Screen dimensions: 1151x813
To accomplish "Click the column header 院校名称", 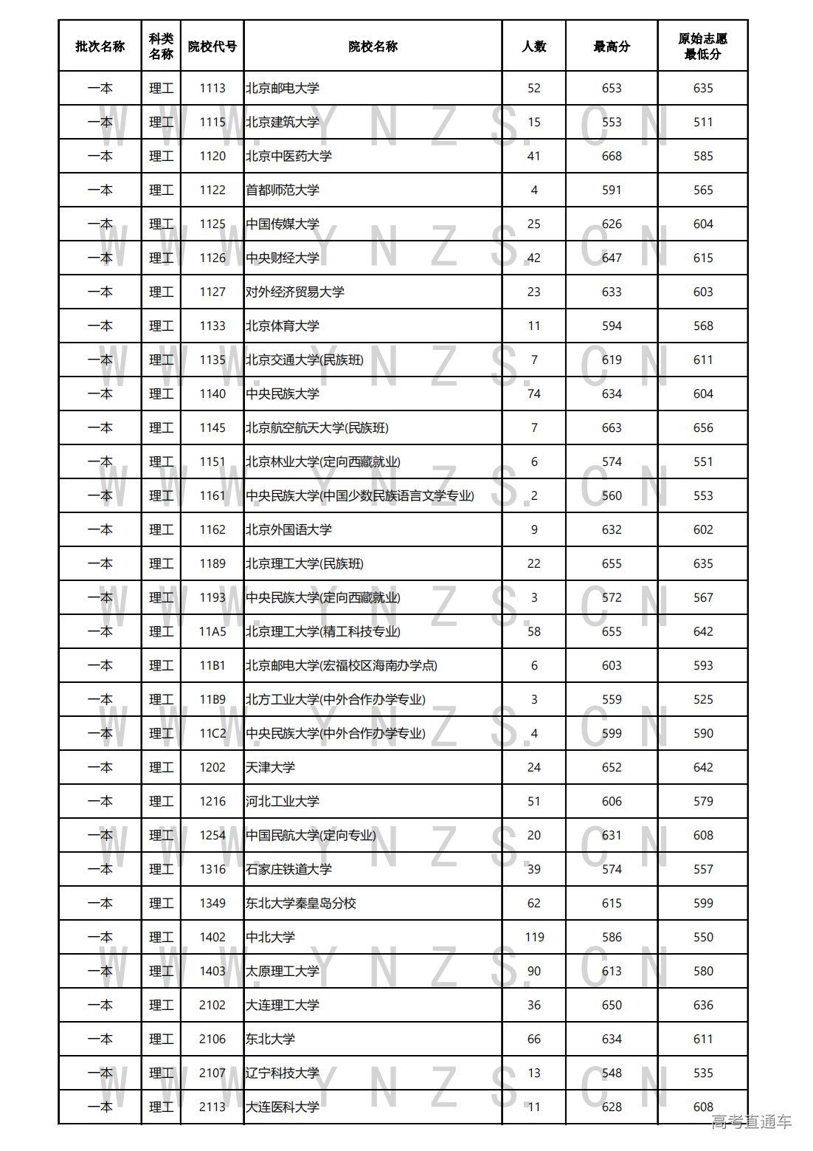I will tap(373, 47).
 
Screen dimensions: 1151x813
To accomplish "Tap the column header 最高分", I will tap(611, 47).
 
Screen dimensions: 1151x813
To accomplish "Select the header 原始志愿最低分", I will tap(702, 47).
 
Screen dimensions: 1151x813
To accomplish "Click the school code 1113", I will tap(212, 89).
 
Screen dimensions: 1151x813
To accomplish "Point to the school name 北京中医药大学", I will tap(288, 157).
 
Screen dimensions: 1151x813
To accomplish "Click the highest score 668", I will tap(611, 157).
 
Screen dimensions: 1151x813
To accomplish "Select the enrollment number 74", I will tap(533, 394).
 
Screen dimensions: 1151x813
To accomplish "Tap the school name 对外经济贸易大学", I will tap(295, 292).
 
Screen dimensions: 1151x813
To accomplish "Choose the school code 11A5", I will tap(212, 632).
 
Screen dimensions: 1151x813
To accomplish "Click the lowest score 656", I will tap(702, 428).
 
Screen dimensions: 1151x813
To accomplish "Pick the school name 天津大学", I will tap(270, 768).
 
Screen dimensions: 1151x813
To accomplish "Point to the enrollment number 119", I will tap(534, 938).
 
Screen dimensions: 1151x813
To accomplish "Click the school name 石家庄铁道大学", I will tap(288, 870).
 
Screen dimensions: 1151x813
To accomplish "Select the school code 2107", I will tap(212, 1073).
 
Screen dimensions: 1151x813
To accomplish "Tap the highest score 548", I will tap(611, 1073).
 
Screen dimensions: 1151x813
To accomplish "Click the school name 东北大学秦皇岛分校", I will tap(301, 904).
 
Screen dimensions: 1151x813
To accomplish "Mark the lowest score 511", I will tap(702, 123).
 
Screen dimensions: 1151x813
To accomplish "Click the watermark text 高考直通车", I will tap(751, 1122).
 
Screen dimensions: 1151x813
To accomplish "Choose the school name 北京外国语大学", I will tap(288, 530).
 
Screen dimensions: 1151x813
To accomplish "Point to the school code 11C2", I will tap(212, 734).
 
